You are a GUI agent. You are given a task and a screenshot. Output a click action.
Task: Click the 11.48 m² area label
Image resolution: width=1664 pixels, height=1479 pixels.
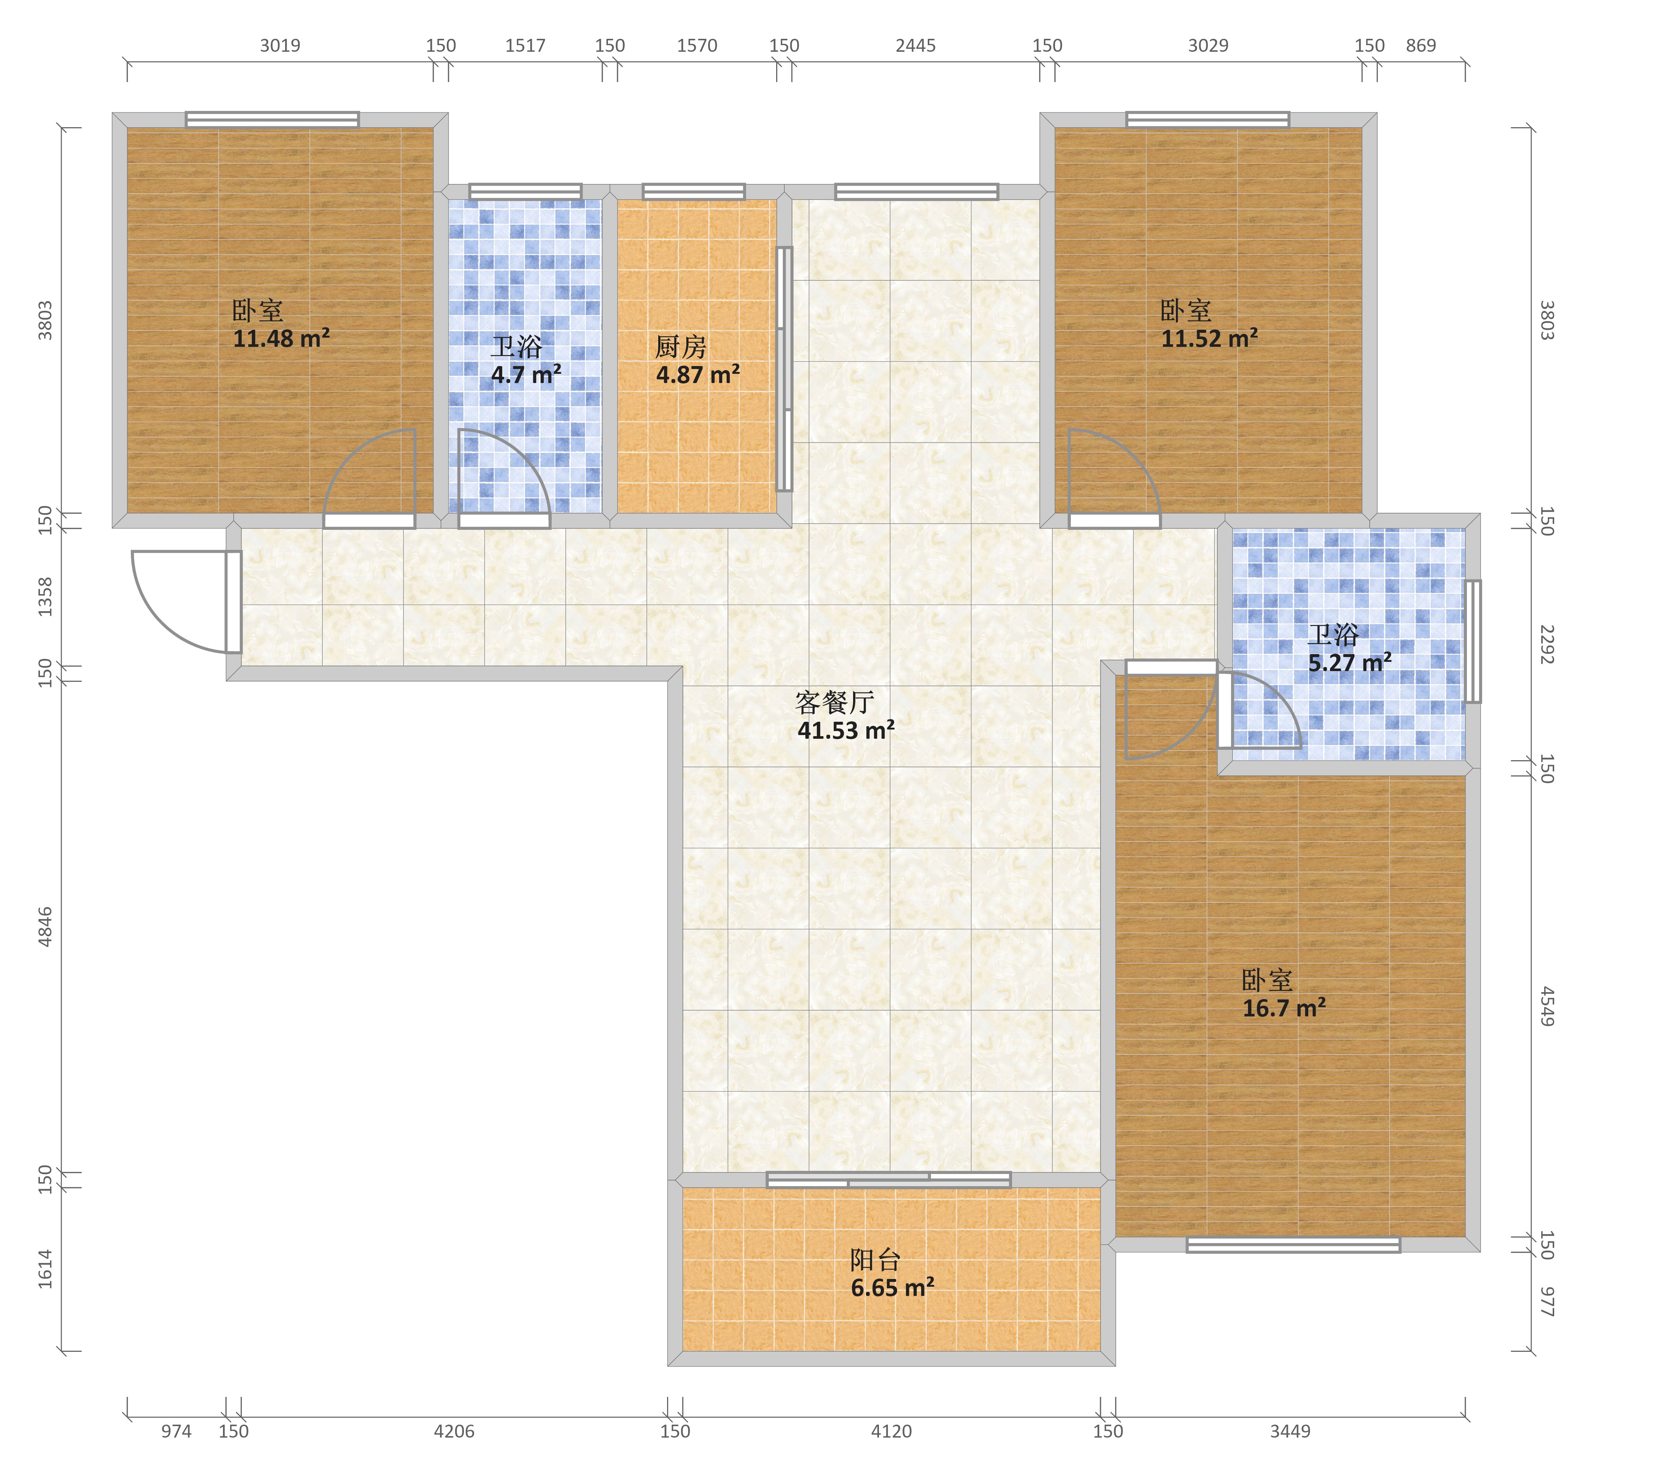point(282,339)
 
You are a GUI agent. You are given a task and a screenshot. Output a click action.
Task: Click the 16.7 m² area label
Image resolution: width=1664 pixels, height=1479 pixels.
point(1284,1009)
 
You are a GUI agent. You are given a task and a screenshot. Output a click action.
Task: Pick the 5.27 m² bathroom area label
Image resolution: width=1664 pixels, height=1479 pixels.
point(1350,663)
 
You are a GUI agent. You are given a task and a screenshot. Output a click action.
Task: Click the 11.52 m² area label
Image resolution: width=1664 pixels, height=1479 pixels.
point(1210,339)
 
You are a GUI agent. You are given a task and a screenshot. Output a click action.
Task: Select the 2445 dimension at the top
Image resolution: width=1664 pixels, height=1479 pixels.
point(916,45)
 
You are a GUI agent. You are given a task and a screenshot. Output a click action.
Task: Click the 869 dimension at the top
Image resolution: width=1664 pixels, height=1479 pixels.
point(1421,45)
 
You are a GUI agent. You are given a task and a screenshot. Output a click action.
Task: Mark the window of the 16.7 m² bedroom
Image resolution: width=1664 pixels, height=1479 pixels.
point(1293,1245)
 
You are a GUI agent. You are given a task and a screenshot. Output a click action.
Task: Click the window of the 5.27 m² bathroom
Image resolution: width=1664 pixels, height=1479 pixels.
point(1473,642)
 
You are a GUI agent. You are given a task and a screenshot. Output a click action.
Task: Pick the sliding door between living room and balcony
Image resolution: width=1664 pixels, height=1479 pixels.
point(889,1180)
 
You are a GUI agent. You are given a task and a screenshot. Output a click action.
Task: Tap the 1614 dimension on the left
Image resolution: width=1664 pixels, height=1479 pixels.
point(45,1269)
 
